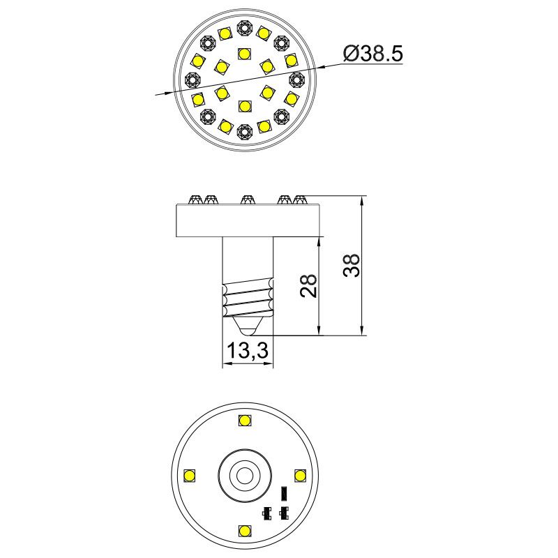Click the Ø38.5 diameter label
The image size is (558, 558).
(373, 54)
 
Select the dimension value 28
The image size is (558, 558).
(310, 286)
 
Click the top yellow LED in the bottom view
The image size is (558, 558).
(244, 420)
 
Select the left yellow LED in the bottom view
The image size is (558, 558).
(188, 476)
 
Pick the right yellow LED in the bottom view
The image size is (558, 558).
(300, 476)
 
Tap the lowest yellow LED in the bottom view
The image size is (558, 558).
(244, 531)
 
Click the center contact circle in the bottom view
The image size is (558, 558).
(244, 476)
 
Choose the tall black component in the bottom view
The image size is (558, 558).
(282, 493)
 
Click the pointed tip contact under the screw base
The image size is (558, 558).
(248, 326)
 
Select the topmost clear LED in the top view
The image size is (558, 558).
(244, 27)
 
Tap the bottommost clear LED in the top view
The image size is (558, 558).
(244, 131)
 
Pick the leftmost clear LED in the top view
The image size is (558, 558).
(193, 79)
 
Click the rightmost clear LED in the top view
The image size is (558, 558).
(296, 79)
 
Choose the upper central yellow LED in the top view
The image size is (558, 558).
(244, 53)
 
